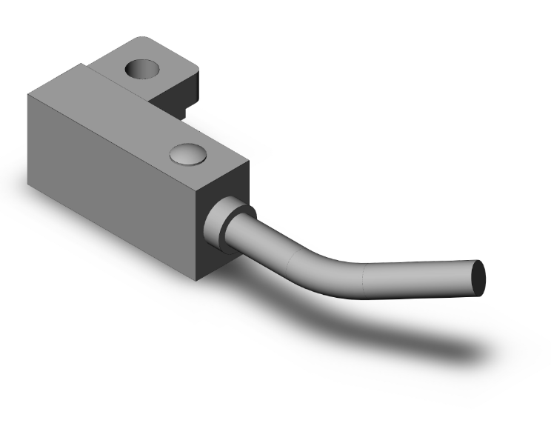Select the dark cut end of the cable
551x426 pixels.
[480, 278]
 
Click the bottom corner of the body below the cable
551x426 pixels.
[198, 281]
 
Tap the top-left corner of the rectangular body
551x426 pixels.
[28, 94]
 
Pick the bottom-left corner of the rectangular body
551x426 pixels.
[29, 185]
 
